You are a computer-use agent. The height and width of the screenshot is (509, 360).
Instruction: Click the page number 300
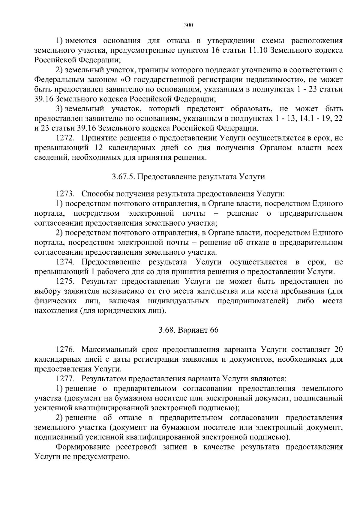click(188, 25)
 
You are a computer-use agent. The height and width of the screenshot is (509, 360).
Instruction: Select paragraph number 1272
click(65, 138)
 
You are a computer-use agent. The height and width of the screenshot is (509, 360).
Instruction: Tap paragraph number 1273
click(65, 194)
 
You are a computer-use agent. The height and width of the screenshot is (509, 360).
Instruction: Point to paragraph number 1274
click(65, 262)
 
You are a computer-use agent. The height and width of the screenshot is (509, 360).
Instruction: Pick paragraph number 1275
click(65, 282)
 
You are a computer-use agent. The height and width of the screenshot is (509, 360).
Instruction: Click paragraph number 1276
click(65, 350)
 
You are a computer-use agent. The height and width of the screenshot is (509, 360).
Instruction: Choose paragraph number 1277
click(65, 379)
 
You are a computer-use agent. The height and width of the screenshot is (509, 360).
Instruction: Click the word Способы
click(95, 194)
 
